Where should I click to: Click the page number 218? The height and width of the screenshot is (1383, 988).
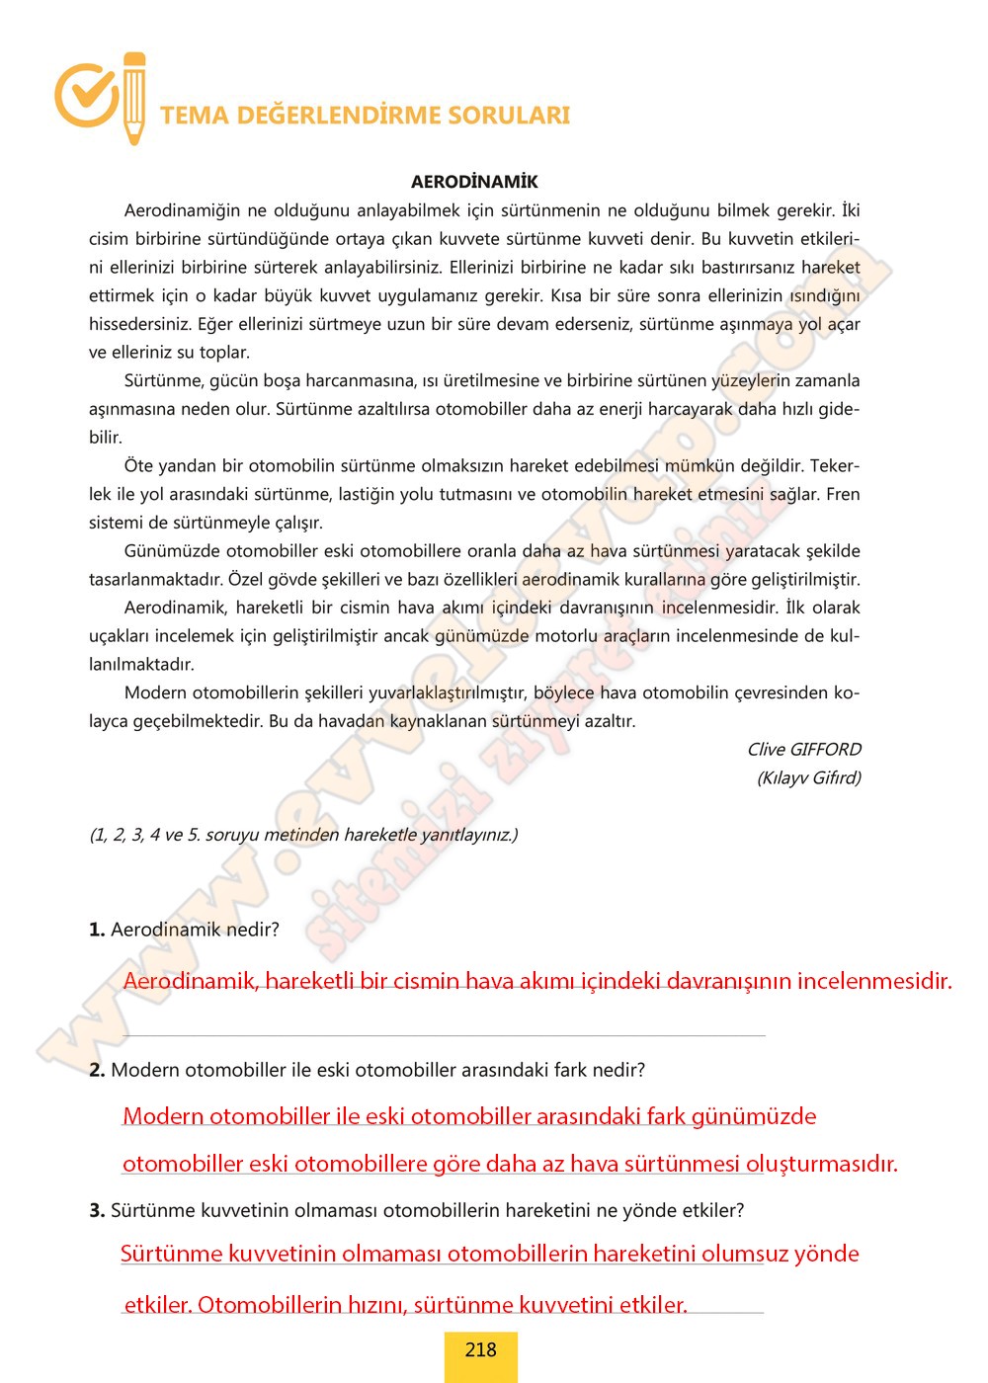coord(480,1349)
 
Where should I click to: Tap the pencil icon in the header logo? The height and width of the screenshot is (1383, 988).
coord(134,97)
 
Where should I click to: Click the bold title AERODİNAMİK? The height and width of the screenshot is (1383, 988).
coord(474,182)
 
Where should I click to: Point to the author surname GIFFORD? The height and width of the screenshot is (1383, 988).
coord(819,749)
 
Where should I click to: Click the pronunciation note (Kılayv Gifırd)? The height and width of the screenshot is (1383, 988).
coord(808,777)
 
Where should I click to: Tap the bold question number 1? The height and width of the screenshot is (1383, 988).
coord(97,930)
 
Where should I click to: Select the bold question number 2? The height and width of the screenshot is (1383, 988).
coord(97,1070)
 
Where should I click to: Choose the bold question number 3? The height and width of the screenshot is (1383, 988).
coord(97,1210)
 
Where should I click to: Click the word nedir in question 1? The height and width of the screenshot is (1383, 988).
coord(253,930)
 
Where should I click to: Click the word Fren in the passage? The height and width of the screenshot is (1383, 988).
coord(843,494)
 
